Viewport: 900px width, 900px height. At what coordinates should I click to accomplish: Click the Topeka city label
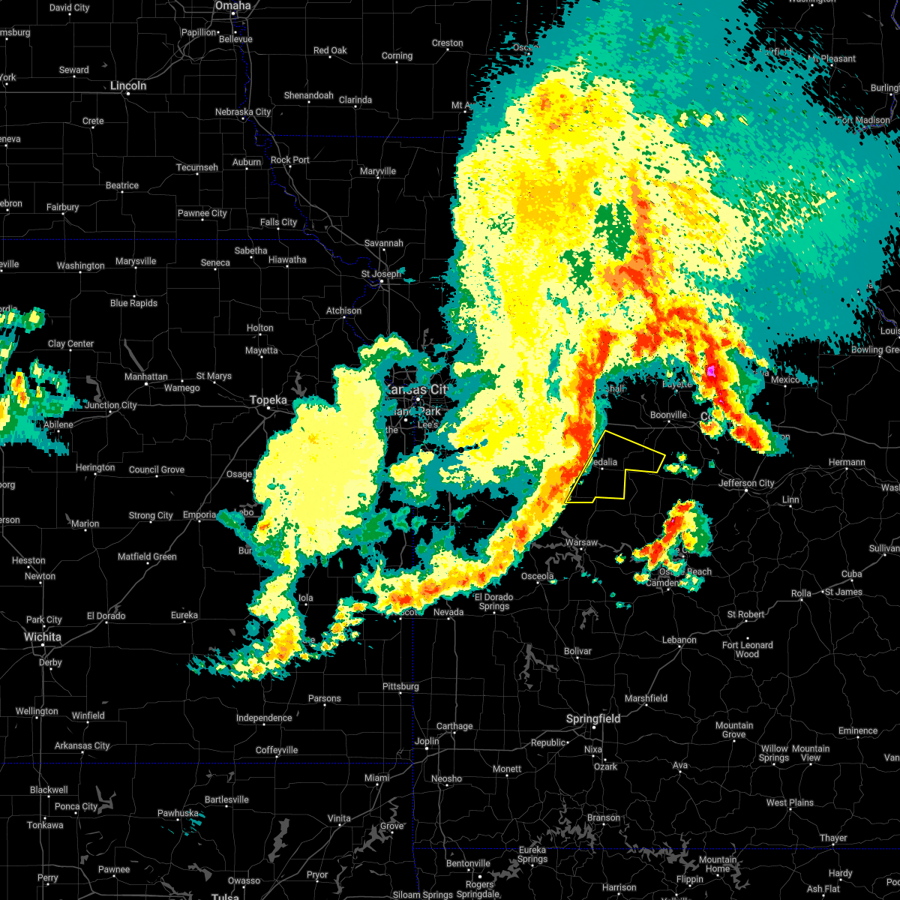click(268, 400)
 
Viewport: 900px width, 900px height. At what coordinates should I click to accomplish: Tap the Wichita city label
click(43, 637)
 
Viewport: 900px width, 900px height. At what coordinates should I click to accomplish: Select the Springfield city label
click(593, 718)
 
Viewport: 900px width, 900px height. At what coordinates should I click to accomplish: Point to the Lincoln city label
click(128, 85)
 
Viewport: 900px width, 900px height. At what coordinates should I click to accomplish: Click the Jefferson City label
click(746, 483)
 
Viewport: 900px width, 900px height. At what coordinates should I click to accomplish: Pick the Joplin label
click(427, 741)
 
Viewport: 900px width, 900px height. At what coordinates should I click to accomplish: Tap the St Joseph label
click(381, 274)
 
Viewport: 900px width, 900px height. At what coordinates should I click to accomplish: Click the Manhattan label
click(145, 376)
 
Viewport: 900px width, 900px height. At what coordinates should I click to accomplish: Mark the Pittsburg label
click(400, 686)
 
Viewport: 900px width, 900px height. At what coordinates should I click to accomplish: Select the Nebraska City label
click(243, 112)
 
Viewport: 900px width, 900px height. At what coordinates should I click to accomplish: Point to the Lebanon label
click(679, 640)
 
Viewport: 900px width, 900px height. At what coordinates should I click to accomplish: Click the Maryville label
click(377, 171)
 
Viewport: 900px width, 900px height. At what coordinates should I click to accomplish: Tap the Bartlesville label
click(226, 799)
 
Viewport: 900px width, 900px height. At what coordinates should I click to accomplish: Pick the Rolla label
click(801, 593)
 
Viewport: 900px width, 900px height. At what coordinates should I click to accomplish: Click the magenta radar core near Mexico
click(712, 370)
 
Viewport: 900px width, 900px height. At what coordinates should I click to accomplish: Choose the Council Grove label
click(157, 469)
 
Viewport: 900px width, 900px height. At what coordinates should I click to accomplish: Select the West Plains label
click(790, 802)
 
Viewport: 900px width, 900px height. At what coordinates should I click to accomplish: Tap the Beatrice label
click(121, 185)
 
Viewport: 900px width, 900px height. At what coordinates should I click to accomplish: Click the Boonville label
click(668, 415)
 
